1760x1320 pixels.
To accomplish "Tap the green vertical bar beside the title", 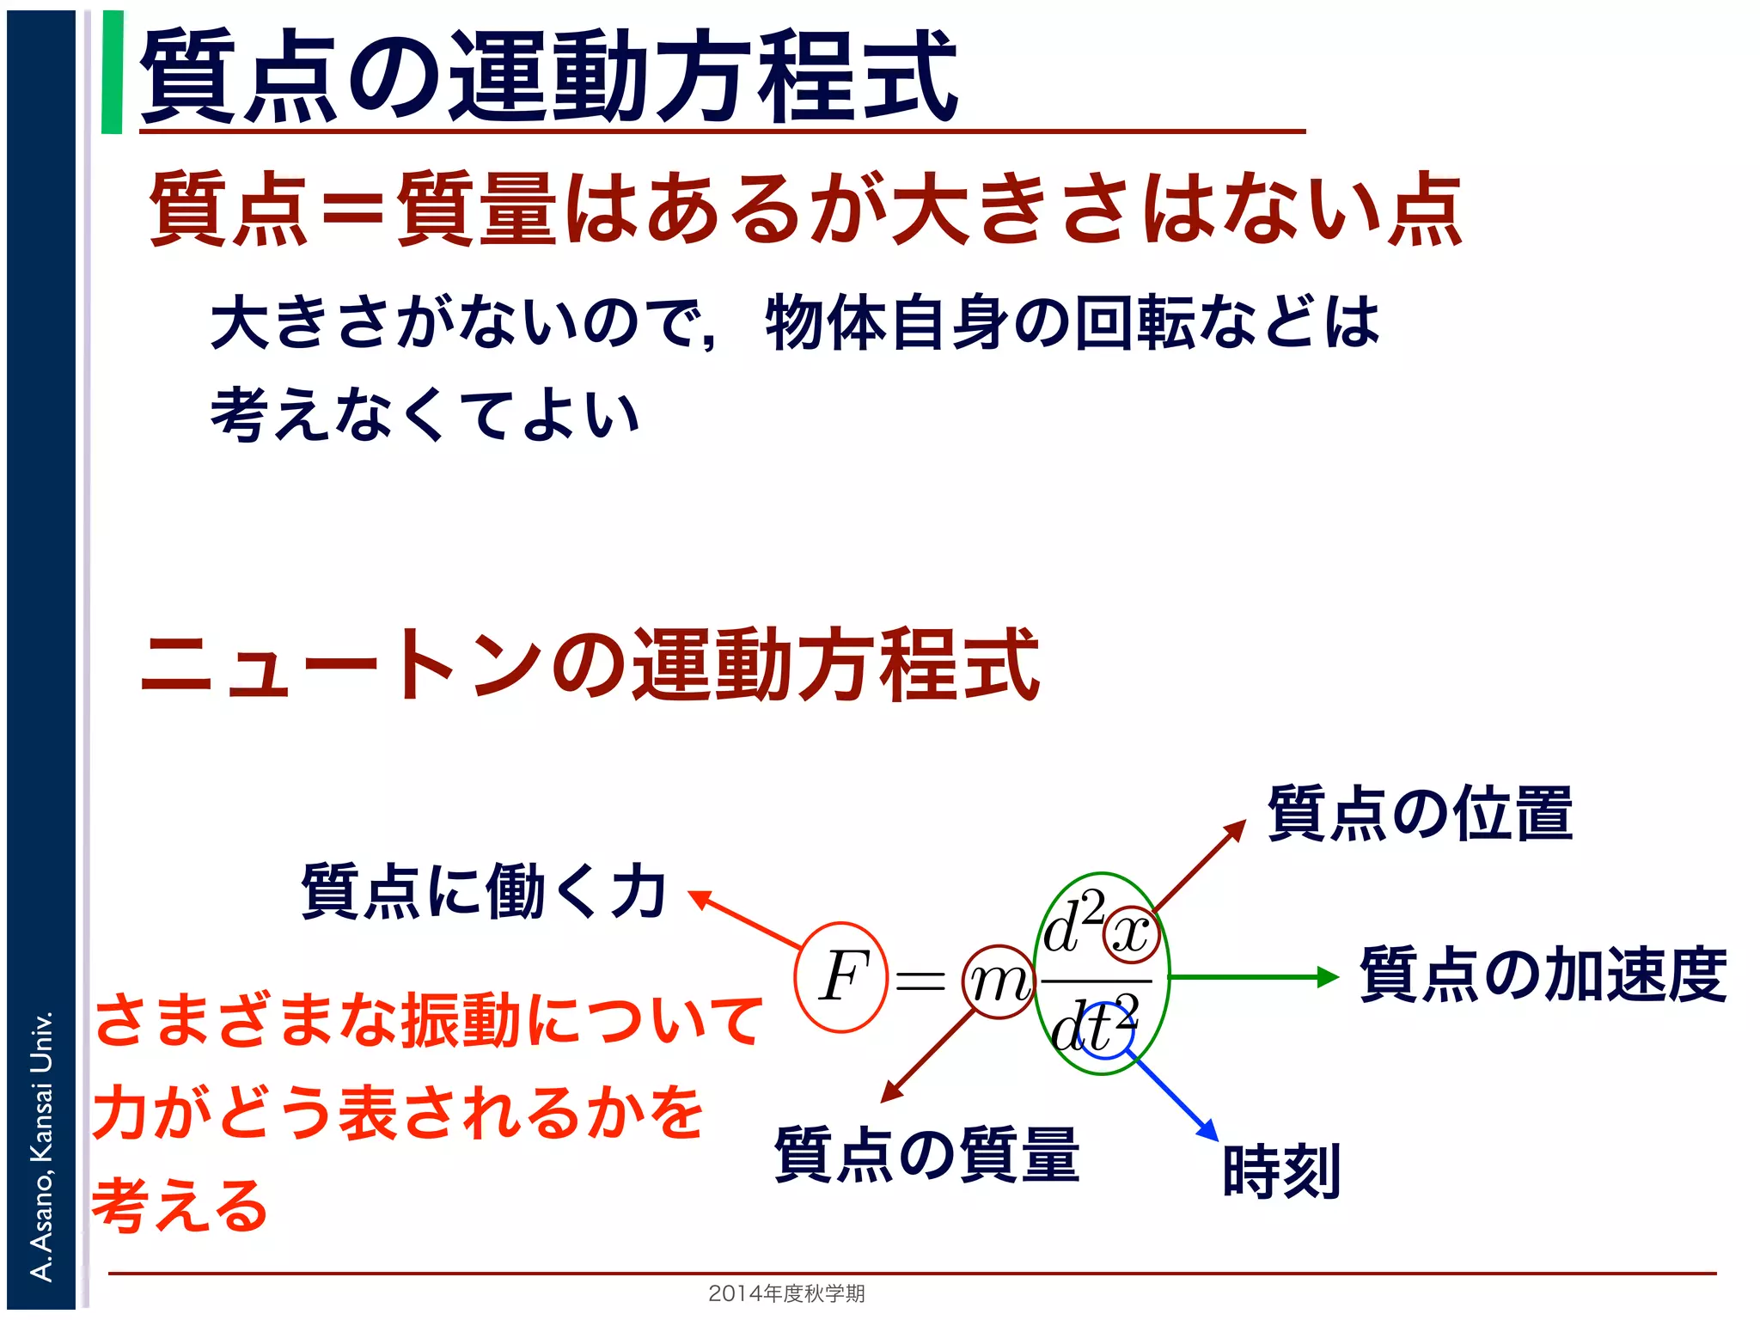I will [112, 72].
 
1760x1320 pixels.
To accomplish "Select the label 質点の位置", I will [1420, 813].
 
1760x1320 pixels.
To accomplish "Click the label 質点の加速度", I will [1543, 975].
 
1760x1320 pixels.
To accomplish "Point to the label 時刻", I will [1281, 1170].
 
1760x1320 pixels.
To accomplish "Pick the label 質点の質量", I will [926, 1154].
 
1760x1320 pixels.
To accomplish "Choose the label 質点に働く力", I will [484, 891].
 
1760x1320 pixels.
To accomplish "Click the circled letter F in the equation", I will [841, 976].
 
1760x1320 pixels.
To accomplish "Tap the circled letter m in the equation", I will [998, 981].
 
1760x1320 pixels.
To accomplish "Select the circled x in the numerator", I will [1132, 933].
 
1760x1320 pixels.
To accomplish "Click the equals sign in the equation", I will [920, 980].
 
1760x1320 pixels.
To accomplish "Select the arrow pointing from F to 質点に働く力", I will [746, 920].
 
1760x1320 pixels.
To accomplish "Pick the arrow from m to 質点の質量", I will [928, 1058].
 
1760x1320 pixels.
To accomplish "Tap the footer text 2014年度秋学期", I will [786, 1292].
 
